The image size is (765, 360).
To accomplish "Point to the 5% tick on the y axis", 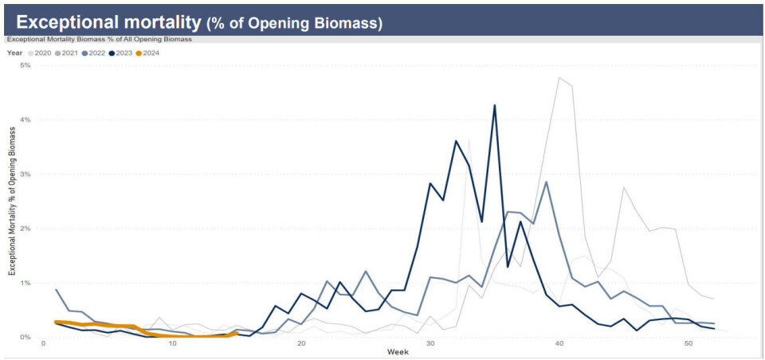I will (25, 65).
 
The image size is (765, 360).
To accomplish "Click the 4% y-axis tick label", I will (25, 119).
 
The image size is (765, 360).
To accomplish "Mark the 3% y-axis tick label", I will (25, 174).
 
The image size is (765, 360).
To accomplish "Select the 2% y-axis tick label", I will (25, 229).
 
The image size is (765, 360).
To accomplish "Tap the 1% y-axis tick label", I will (25, 283).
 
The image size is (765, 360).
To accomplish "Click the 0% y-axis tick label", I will (25, 337).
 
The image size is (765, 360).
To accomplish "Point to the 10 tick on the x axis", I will (172, 343).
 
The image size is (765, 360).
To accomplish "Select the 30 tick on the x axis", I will (430, 343).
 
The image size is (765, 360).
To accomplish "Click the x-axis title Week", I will (398, 351).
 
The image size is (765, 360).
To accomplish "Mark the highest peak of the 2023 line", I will (495, 105).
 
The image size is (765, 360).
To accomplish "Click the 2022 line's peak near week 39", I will (546, 182).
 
